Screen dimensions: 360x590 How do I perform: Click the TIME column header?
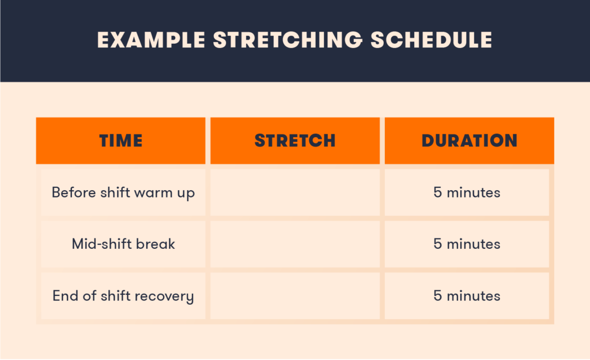click(x=120, y=141)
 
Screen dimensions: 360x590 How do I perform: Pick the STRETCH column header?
click(x=295, y=141)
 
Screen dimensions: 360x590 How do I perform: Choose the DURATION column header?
click(x=469, y=141)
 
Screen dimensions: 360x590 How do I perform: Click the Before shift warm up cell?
click(x=123, y=192)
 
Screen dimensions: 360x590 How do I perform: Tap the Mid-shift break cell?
click(x=123, y=244)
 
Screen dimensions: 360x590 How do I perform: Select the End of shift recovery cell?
click(x=123, y=296)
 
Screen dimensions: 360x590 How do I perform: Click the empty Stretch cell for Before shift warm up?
click(x=295, y=192)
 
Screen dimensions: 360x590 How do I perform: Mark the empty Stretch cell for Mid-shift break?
click(x=295, y=244)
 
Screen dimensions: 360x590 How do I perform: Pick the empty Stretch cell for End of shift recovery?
click(x=295, y=296)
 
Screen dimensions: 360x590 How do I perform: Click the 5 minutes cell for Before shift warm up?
click(x=467, y=192)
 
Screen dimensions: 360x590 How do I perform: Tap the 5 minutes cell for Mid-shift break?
click(x=467, y=244)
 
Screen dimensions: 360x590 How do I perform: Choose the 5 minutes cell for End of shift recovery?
click(x=467, y=296)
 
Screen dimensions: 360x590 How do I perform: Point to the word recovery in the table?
click(x=167, y=297)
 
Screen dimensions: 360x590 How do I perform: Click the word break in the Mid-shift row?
click(x=156, y=244)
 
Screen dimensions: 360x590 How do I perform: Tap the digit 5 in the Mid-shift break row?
click(x=437, y=244)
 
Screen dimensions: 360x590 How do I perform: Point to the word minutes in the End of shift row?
click(x=474, y=296)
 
